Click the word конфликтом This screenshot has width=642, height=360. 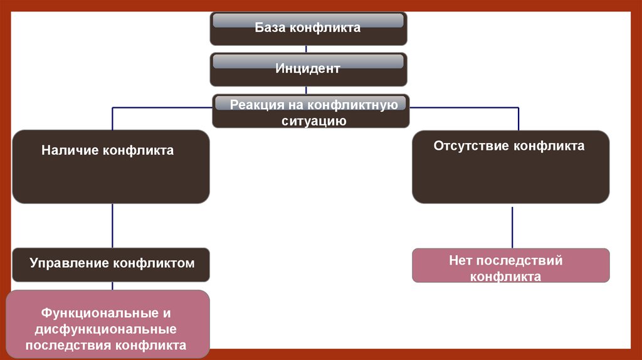154,263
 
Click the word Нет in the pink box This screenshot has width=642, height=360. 460,260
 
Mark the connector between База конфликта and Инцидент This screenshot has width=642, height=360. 305,49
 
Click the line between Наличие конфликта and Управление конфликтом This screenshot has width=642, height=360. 113,226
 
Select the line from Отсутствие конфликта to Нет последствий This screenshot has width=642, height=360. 512,226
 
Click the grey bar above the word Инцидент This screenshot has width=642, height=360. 308,61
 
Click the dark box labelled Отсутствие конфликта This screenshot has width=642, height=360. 510,176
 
